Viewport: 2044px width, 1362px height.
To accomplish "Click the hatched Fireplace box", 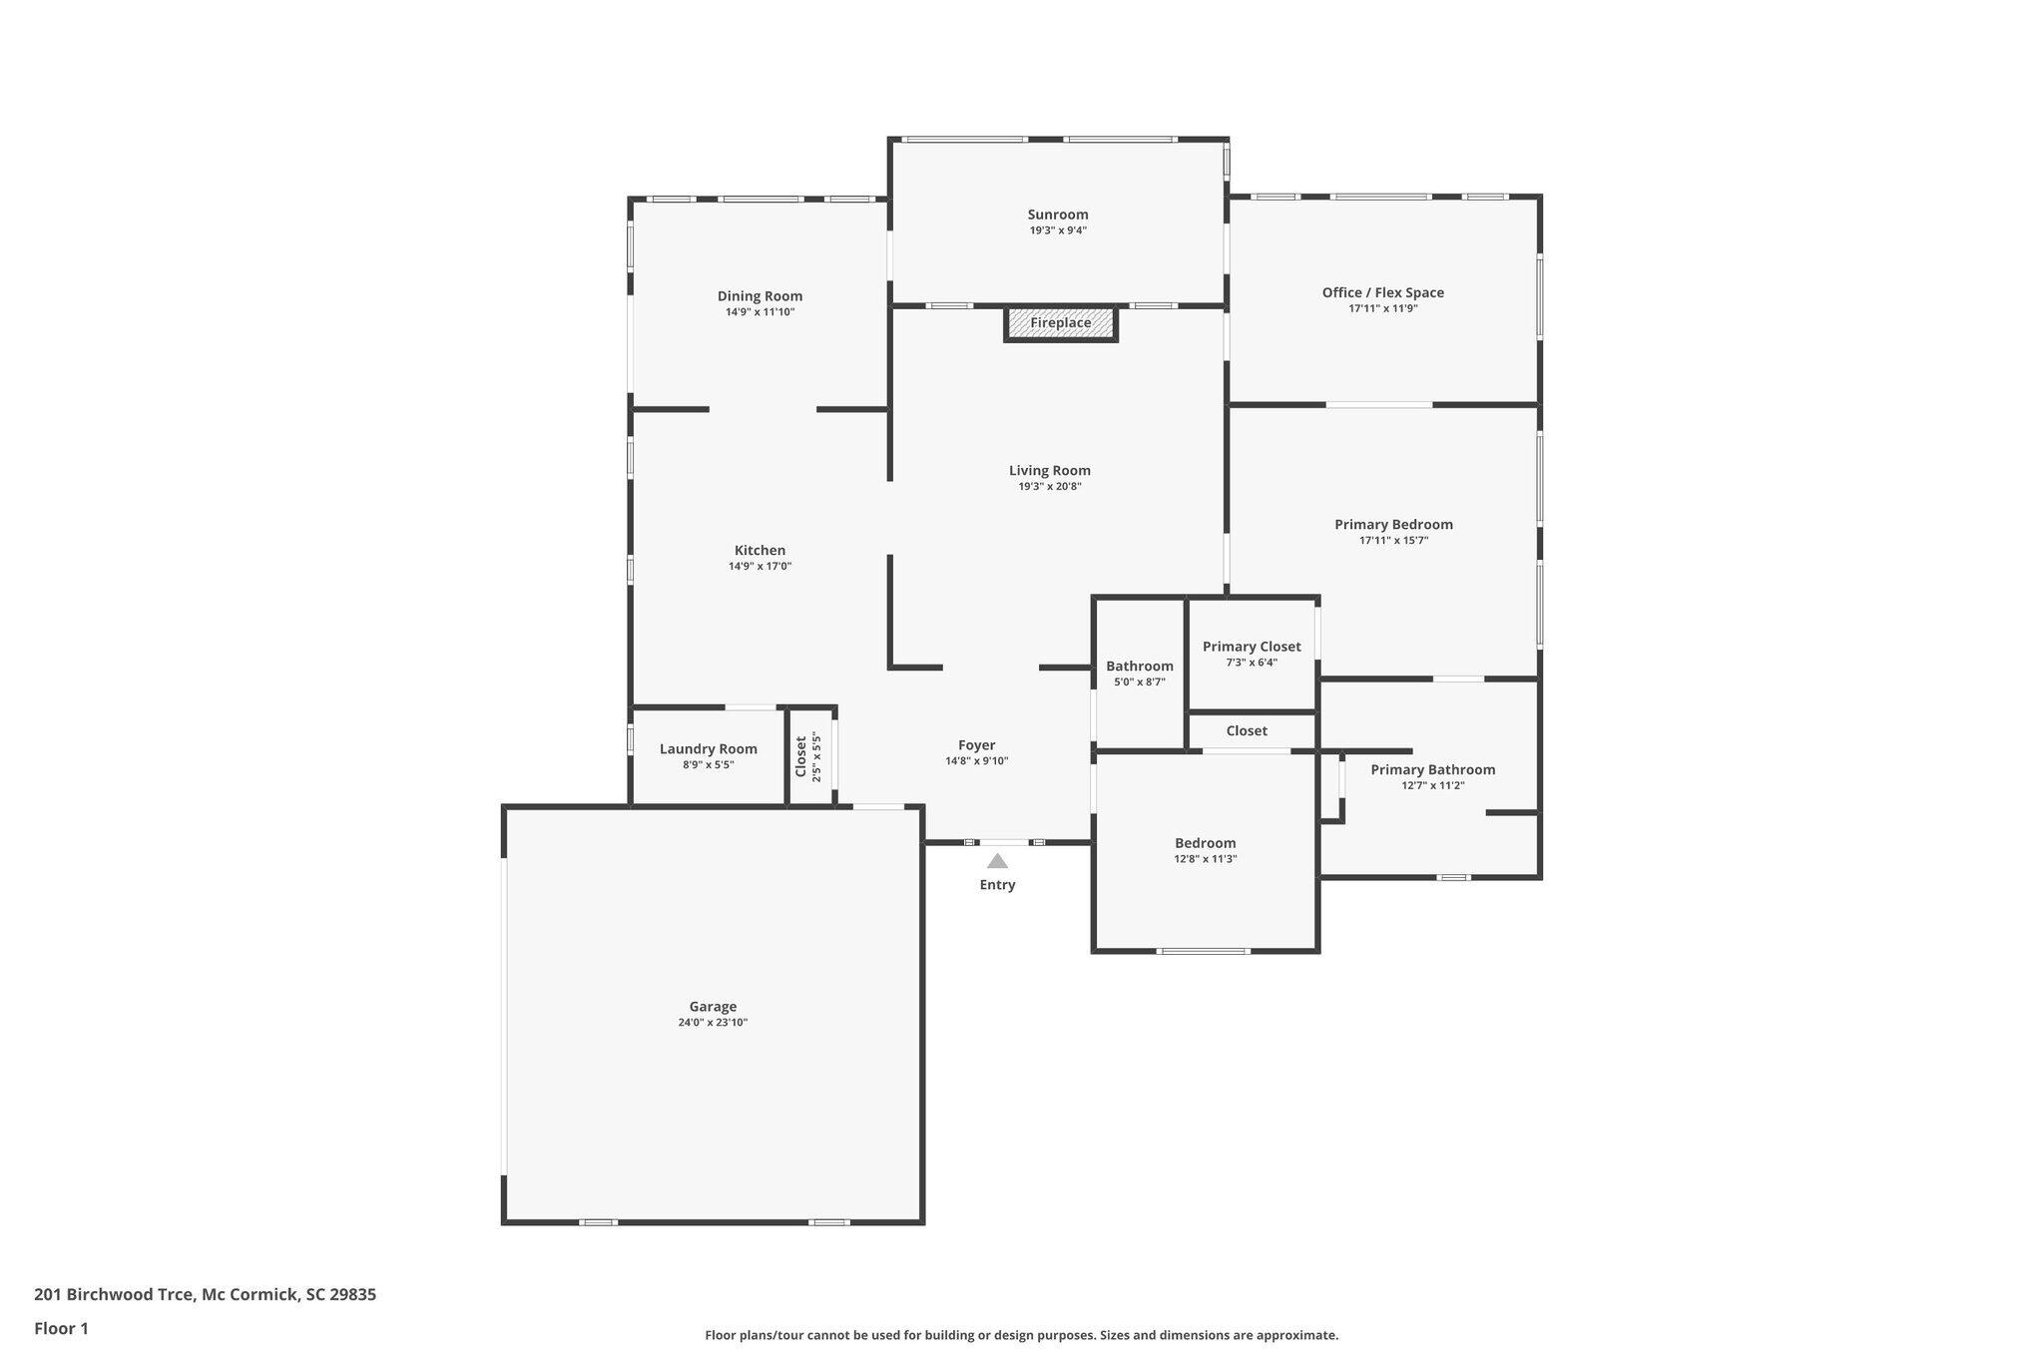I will [1060, 323].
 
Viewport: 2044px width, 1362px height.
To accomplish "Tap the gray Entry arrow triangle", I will [997, 861].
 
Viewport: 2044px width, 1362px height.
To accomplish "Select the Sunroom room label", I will [1058, 215].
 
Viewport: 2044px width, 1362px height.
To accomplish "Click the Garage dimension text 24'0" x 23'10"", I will [713, 1023].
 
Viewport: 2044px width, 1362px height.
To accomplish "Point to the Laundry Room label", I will [709, 749].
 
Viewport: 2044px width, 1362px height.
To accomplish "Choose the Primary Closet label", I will [1252, 647].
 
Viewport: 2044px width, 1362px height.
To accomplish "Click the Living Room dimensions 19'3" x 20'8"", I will [1050, 487].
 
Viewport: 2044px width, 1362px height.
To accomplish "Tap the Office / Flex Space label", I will [1383, 292].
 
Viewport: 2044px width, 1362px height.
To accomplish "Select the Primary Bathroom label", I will [1432, 769].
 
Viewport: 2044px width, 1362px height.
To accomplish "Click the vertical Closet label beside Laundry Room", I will [801, 756].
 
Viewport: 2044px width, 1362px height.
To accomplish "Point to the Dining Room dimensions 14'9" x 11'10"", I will [760, 312].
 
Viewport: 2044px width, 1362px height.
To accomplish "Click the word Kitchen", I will [760, 550].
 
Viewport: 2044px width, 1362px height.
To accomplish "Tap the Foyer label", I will [976, 745].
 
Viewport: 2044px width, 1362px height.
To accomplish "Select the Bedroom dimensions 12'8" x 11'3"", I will [1206, 859].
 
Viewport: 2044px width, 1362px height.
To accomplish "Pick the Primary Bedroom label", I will [1393, 525].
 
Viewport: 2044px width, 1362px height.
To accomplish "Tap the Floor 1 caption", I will [61, 1328].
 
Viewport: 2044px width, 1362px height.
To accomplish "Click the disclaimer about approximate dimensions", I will [1021, 1335].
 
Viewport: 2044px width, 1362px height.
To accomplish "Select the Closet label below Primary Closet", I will [1247, 730].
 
